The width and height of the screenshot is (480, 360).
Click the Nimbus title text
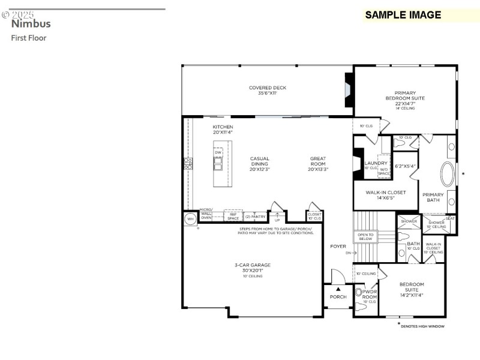pyautogui.click(x=31, y=24)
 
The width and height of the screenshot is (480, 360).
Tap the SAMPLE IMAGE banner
pyautogui.click(x=403, y=15)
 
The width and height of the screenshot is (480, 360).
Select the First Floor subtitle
pyautogui.click(x=28, y=38)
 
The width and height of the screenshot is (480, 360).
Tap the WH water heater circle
pyautogui.click(x=191, y=219)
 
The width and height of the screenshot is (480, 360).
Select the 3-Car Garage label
pyautogui.click(x=252, y=268)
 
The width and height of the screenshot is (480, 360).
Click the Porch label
pyautogui.click(x=338, y=296)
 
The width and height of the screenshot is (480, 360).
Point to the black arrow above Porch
pyautogui.click(x=338, y=289)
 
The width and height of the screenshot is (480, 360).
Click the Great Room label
pyautogui.click(x=317, y=164)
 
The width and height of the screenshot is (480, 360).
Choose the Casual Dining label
pyautogui.click(x=260, y=164)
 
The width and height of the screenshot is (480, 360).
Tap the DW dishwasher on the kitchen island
pyautogui.click(x=218, y=152)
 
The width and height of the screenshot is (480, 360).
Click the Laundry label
pyautogui.click(x=376, y=163)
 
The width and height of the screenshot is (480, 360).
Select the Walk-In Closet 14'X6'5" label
pyautogui.click(x=386, y=195)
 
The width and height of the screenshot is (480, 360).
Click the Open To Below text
pyautogui.click(x=366, y=236)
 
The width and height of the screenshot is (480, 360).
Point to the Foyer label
pyautogui.click(x=338, y=246)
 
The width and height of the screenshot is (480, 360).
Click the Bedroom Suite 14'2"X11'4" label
pyautogui.click(x=412, y=289)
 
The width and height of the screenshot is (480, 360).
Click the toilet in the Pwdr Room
pyautogui.click(x=359, y=293)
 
